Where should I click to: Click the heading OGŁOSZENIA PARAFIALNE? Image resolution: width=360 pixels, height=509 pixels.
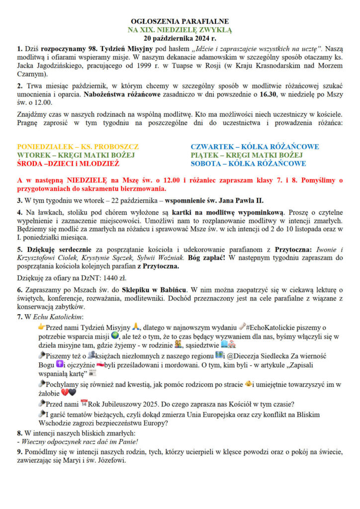[180, 21]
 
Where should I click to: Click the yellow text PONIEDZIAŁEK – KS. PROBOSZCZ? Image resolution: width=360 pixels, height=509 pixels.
[78, 147]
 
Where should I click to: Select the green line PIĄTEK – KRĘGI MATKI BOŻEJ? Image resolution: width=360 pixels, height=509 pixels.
[248, 155]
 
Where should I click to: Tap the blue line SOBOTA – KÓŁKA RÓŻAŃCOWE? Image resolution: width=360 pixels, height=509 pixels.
[248, 164]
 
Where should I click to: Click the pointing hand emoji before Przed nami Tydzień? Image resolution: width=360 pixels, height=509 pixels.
[41, 327]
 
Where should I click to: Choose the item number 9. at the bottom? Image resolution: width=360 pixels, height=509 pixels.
[20, 451]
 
